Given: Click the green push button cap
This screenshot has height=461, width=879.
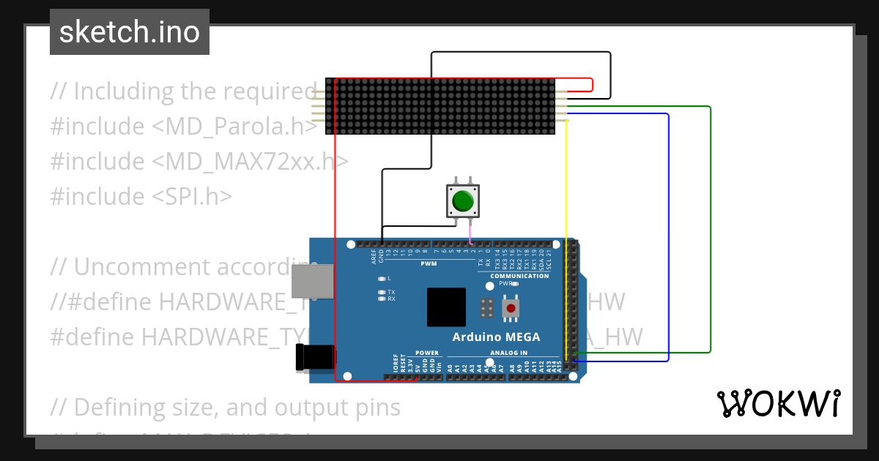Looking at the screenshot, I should coord(462,200).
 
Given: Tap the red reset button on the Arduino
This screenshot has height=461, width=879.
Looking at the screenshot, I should coord(511,308).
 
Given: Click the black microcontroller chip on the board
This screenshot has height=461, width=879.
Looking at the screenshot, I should coord(446,307).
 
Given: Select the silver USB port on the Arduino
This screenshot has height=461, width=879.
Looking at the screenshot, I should coord(311,282).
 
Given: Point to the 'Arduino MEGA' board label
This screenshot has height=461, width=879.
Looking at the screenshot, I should coord(496,337).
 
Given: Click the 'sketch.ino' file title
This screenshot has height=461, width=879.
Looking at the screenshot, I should coord(130,32).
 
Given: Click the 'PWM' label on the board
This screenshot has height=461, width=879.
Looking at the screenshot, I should coord(429,263).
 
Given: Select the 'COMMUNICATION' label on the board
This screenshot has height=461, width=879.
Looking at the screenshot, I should coord(519,276).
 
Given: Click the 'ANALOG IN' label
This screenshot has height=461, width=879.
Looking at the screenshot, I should coord(503,353).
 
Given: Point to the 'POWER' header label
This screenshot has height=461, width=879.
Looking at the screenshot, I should coord(427,353).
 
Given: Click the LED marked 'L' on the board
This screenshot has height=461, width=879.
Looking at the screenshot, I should coord(382,279).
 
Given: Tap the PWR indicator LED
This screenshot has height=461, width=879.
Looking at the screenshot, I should coord(514,283).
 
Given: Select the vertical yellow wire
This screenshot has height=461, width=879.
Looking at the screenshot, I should coord(566,234).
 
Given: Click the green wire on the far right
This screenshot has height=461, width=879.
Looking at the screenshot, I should coord(711,234).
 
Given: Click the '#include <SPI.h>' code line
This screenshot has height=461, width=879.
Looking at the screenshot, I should coord(141,196).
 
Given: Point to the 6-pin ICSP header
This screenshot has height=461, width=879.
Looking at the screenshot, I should coord(486,308).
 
